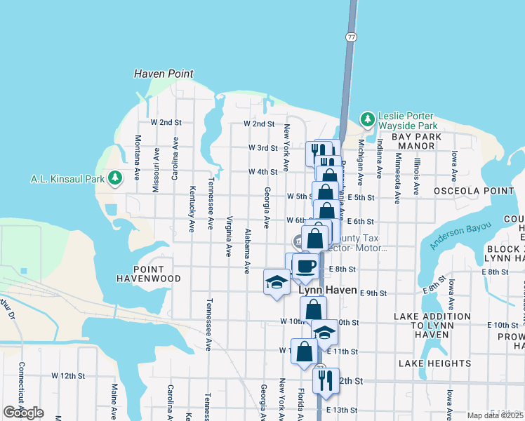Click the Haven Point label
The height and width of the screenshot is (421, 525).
point(164,74)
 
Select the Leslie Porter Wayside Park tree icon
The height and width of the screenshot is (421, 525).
point(367,120)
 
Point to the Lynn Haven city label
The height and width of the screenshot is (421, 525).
point(328,290)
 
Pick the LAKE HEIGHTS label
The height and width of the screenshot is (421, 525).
point(434,363)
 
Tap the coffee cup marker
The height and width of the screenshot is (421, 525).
point(305,266)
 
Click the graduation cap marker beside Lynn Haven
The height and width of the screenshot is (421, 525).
point(277,282)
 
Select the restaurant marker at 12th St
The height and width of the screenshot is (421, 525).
point(325,380)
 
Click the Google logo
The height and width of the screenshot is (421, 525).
point(23,413)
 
